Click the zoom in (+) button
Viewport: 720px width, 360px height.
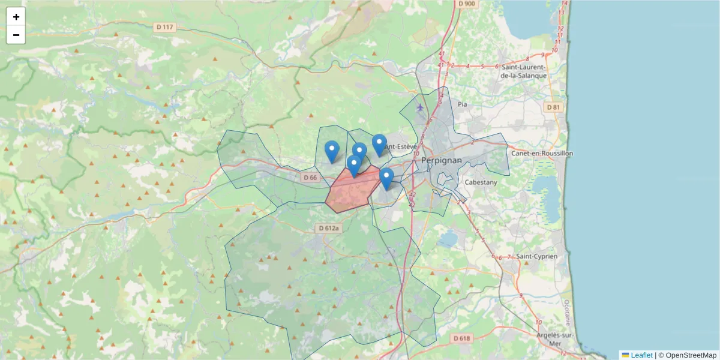coord(16,17)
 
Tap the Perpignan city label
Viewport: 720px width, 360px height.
coord(442,161)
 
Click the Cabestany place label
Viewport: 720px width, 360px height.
coord(481,182)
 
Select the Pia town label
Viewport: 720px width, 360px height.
coord(462,104)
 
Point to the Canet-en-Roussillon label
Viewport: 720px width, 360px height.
coord(542,153)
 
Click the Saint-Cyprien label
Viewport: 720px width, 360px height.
coord(537,256)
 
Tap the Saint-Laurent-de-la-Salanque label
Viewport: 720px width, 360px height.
coord(524,71)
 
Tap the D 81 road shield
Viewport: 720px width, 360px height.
coord(554,107)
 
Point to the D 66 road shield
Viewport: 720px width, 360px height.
coord(310,178)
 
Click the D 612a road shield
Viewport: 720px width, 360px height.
coord(329,228)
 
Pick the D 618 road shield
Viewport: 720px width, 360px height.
coord(462,338)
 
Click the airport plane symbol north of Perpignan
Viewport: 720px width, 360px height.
coord(420,107)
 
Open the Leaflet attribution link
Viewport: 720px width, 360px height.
coord(641,355)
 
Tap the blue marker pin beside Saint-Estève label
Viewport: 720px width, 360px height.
coord(379,145)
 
